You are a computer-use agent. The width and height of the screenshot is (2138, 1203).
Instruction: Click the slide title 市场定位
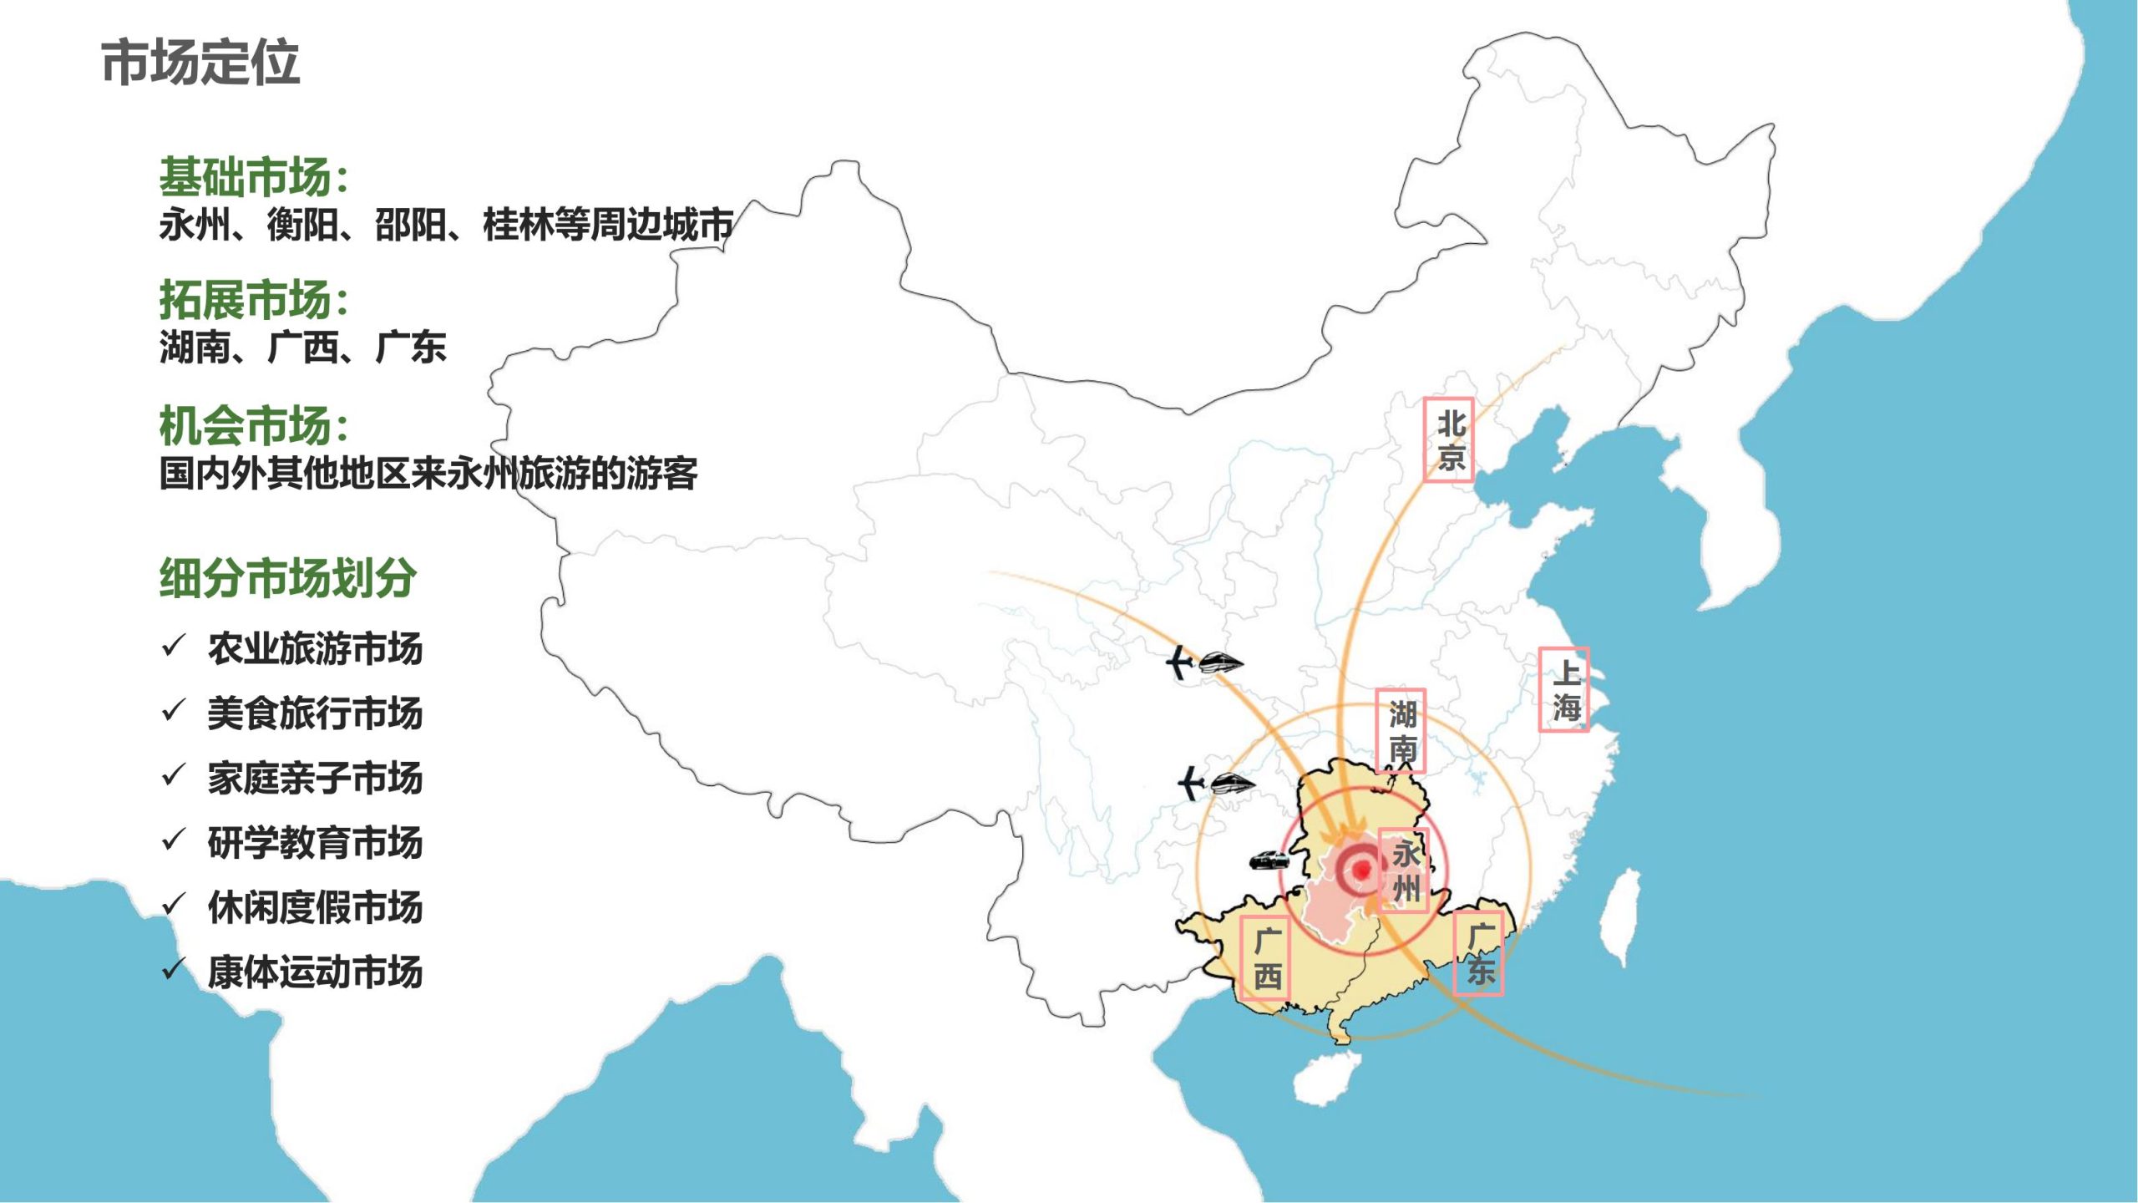tap(200, 63)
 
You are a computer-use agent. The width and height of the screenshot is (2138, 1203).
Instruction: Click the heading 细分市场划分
tap(288, 577)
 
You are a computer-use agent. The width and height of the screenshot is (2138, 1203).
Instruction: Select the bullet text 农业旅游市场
tap(315, 649)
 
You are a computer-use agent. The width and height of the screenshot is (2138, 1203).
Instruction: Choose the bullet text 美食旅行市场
tap(315, 713)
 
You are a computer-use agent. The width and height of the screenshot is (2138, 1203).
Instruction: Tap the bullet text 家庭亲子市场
tap(315, 778)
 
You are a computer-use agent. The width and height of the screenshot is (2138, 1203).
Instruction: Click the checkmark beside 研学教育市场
tap(173, 840)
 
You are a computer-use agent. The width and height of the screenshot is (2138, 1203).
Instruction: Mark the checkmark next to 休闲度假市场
tap(173, 904)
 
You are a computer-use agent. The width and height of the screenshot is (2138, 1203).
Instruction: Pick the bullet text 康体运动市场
tap(315, 972)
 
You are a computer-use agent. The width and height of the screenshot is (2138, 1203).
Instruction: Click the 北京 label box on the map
tap(1448, 439)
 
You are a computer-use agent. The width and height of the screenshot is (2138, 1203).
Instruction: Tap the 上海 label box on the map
tap(1563, 690)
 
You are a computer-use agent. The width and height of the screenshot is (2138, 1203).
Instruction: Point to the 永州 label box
tap(1404, 870)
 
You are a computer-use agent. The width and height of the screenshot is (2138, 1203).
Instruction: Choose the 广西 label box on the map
tap(1265, 958)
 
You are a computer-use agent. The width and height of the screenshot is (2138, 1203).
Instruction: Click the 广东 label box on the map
tap(1478, 953)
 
